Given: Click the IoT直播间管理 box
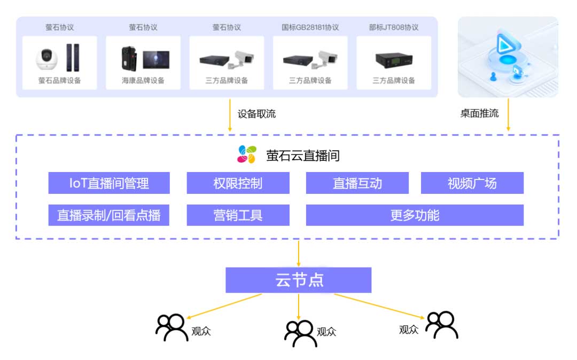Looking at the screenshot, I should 109,183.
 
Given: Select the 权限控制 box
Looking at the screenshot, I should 238,183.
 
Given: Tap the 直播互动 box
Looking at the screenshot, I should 357,183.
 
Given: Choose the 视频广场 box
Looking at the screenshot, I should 472,183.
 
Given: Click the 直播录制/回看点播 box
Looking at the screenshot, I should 109,215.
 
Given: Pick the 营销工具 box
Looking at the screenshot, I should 238,215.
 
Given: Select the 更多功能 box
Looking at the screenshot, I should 415,215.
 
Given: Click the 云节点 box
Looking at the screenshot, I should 298,280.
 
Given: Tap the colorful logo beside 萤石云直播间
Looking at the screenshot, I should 247,154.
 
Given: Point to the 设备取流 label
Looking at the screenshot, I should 256,114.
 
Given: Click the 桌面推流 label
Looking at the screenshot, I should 479,114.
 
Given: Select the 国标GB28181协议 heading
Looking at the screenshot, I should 310,27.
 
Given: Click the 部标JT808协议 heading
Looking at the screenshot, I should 393,27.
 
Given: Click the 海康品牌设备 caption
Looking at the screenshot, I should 143,81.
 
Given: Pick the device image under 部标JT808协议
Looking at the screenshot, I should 393,60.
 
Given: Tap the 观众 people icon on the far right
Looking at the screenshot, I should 441,325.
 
